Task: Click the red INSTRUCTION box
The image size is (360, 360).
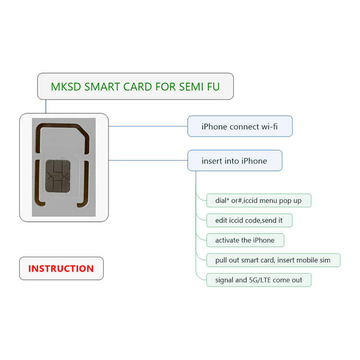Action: (x=61, y=268)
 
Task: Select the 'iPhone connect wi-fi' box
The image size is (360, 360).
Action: (x=240, y=127)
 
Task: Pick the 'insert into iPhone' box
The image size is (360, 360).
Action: (x=234, y=161)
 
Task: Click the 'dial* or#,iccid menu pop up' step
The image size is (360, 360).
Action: (x=259, y=200)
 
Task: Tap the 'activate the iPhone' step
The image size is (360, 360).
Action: (x=245, y=240)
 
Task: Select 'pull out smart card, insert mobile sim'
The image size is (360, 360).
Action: (x=273, y=260)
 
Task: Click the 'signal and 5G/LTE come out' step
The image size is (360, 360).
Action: (x=259, y=280)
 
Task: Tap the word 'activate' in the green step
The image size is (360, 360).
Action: (x=228, y=240)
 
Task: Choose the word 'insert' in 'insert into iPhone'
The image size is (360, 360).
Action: (x=212, y=161)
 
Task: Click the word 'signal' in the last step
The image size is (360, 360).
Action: (x=225, y=280)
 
